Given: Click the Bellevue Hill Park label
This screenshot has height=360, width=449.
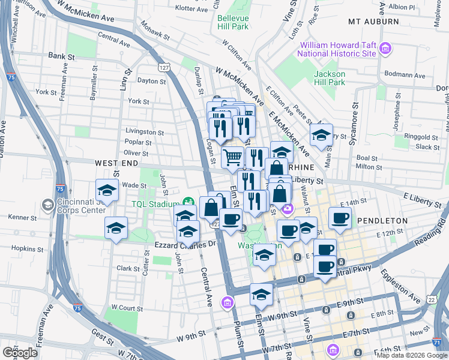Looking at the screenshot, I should pos(241,23).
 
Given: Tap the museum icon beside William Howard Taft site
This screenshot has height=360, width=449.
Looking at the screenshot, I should pos(386,48).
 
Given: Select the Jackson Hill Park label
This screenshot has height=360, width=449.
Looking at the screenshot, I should pos(330,77).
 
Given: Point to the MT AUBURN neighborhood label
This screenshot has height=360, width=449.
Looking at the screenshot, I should pos(373,22).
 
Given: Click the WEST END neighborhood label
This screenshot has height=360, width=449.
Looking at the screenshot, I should pos(112,163).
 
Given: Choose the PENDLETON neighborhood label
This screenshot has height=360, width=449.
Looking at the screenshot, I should pos(382,221).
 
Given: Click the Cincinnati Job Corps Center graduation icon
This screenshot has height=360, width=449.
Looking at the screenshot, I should pos(47,206).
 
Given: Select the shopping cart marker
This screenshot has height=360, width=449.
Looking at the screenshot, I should pos(232,158).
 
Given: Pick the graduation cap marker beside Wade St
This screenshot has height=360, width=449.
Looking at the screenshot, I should pos(107,191).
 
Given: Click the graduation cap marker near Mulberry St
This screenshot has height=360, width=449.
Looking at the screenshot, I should pos(321,136).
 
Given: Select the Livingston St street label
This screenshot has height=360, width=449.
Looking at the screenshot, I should pos(145,131).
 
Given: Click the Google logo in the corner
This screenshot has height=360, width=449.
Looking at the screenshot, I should pos(20,353).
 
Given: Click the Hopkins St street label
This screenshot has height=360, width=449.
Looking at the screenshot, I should pos(24,247).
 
